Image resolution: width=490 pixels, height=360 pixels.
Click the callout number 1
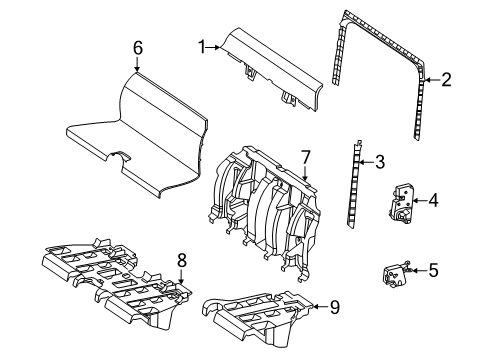tap(202, 47)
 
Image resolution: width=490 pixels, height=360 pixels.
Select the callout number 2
tap(446, 80)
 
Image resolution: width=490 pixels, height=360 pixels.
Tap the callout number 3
tap(380, 162)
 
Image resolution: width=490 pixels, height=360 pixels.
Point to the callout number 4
tap(433, 200)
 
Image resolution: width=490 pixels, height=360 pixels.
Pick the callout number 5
tap(433, 270)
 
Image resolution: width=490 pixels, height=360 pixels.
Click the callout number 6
tap(138, 48)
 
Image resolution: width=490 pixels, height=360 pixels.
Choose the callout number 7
tap(305, 157)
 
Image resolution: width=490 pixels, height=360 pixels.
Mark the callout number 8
tap(182, 260)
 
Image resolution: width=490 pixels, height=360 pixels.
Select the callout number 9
tap(335, 307)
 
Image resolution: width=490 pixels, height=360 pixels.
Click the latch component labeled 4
tap(402, 203)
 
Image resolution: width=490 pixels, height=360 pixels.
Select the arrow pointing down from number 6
tap(137, 64)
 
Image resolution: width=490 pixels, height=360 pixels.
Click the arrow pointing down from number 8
tap(181, 277)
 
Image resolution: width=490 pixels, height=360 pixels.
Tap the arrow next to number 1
tap(213, 48)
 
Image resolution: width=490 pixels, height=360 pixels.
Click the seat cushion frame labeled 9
tap(257, 318)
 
